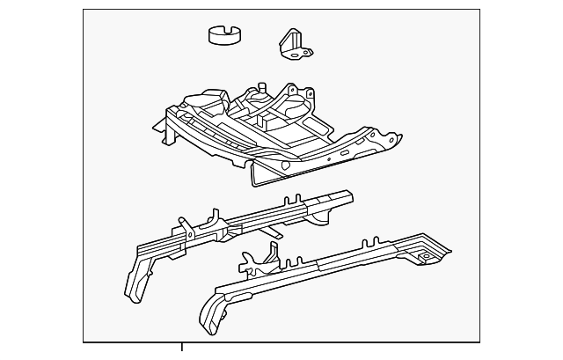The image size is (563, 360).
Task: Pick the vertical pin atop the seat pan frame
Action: (262, 85)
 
